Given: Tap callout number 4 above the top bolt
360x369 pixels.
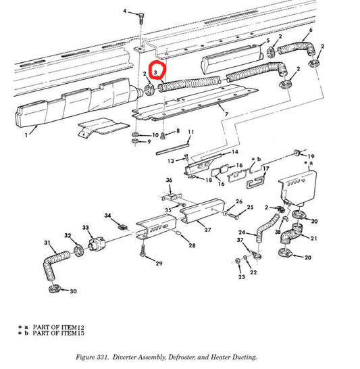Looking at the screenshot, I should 124,12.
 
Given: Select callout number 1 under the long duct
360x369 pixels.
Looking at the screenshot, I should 26,135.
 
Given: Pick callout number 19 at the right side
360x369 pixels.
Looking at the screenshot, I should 311,155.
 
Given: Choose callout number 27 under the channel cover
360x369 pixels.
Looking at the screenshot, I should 208,230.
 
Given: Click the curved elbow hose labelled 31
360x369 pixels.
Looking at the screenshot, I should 55,264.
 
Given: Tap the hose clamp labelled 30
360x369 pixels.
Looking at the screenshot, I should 54,291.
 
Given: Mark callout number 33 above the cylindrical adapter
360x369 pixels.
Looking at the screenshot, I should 86,228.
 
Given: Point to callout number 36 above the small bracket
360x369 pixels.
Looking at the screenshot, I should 169,180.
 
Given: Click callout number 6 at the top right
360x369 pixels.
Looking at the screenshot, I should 310,30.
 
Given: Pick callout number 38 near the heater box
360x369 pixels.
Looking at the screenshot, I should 278,232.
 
